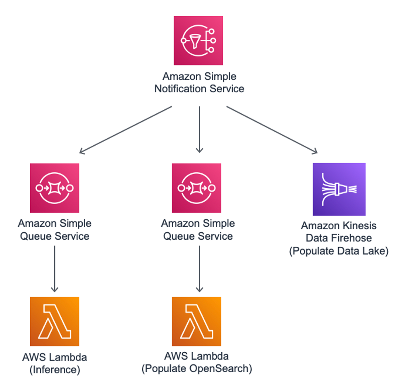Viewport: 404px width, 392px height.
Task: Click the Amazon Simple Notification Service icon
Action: pyautogui.click(x=198, y=41)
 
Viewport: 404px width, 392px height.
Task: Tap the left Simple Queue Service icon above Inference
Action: pyautogui.click(x=55, y=188)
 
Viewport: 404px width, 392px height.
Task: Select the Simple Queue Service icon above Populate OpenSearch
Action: pyautogui.click(x=196, y=188)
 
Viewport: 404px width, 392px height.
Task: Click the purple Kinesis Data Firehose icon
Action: pyautogui.click(x=339, y=189)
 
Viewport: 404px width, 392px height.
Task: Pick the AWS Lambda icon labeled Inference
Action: pyautogui.click(x=55, y=321)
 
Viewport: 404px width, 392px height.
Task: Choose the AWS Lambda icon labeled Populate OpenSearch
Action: pyautogui.click(x=196, y=321)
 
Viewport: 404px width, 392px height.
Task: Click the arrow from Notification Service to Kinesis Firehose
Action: pyautogui.click(x=272, y=130)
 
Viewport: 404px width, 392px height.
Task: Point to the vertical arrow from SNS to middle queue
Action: pyautogui.click(x=199, y=130)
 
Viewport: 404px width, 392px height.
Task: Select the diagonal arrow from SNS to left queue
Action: pyautogui.click(x=125, y=130)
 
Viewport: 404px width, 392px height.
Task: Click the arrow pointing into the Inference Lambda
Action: pyautogui.click(x=55, y=269)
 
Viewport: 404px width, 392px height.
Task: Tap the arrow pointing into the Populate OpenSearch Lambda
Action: pyautogui.click(x=199, y=269)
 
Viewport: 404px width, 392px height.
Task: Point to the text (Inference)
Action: pyautogui.click(x=55, y=370)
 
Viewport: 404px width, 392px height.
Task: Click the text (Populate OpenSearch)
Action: pyautogui.click(x=196, y=368)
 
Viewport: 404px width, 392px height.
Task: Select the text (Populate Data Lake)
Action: pyautogui.click(x=339, y=251)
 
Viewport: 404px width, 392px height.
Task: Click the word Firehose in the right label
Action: pyautogui.click(x=354, y=238)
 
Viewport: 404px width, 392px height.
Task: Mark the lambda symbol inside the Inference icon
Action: pyautogui.click(x=55, y=321)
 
